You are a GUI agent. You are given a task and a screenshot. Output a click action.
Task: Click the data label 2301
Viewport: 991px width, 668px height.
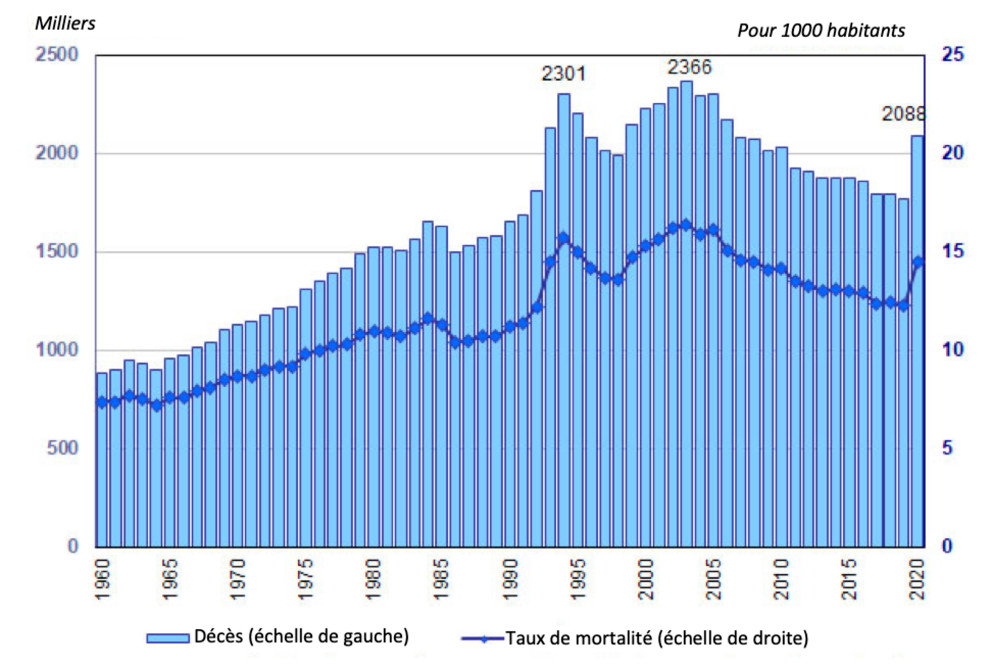[x=563, y=73]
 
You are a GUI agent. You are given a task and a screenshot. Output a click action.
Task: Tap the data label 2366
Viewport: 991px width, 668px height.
[x=689, y=67]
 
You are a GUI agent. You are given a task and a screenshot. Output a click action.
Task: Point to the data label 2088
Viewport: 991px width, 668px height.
[x=903, y=114]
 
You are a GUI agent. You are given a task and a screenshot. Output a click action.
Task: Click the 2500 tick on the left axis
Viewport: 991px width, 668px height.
[x=56, y=55]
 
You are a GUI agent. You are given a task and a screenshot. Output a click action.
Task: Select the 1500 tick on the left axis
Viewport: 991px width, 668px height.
[x=56, y=252]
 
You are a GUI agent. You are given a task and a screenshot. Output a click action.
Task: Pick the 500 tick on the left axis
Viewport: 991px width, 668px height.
[x=62, y=448]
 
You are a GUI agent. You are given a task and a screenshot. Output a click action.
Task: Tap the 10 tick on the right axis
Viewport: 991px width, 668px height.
[x=952, y=350]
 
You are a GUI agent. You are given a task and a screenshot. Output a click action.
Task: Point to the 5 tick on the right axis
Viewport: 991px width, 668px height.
[x=947, y=448]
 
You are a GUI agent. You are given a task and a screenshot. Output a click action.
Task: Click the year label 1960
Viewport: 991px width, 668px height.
[x=103, y=580]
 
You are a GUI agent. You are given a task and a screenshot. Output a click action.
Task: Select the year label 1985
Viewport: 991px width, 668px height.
[x=441, y=580]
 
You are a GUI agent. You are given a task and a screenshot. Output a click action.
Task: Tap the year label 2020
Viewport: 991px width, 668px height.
[x=917, y=580]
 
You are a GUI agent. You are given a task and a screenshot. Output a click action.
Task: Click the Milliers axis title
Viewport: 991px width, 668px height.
[x=65, y=23]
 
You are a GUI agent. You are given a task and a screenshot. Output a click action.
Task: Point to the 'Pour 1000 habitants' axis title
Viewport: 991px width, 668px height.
[x=821, y=31]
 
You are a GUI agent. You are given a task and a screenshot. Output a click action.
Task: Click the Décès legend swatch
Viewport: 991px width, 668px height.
[x=168, y=638]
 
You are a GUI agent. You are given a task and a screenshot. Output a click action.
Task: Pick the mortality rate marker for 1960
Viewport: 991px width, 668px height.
[x=102, y=403]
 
